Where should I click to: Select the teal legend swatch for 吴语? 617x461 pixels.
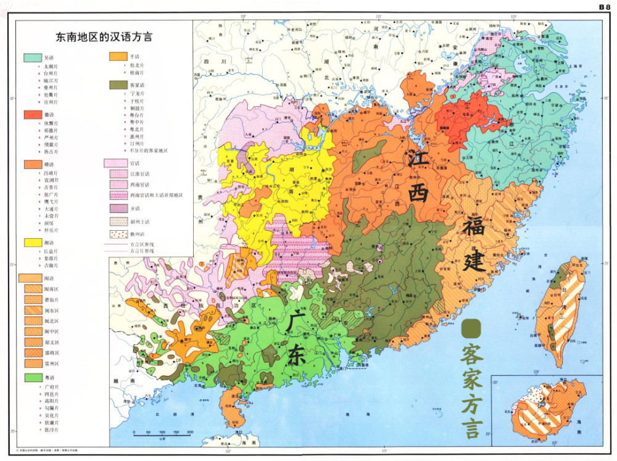[x=32, y=57]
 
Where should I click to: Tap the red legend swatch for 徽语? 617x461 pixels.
[x=32, y=115]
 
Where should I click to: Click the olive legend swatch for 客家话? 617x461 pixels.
[x=118, y=85]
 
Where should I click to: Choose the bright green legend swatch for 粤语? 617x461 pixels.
[x=32, y=377]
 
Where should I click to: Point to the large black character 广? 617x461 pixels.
[x=296, y=322]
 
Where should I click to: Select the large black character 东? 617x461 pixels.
[x=296, y=356]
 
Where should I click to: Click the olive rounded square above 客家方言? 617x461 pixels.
[x=471, y=328]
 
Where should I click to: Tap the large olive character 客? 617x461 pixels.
[x=472, y=354]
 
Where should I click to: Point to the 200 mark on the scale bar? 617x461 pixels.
[x=189, y=432]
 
